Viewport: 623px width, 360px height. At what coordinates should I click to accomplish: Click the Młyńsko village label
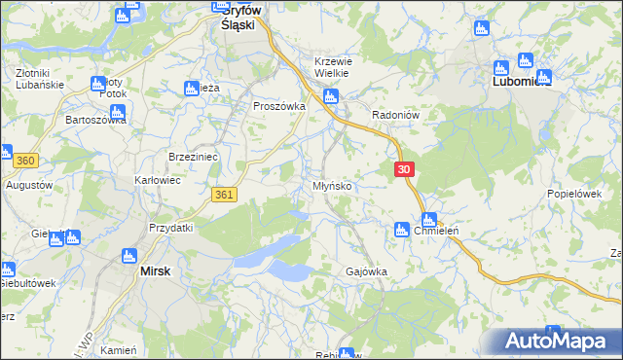click(x=332, y=185)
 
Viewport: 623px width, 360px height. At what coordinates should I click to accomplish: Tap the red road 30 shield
click(x=406, y=169)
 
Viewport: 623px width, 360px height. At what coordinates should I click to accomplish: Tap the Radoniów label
click(x=395, y=115)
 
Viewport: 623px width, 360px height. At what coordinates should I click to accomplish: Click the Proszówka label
click(x=279, y=106)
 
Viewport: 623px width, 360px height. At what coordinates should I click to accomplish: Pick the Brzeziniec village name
click(x=193, y=157)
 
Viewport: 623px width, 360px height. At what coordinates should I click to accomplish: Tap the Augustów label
click(x=29, y=184)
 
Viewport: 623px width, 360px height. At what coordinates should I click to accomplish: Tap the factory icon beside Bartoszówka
click(x=117, y=112)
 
